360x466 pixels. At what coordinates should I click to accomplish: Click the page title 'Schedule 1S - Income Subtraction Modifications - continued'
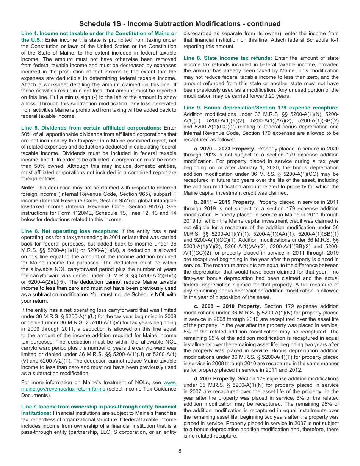point(180,24)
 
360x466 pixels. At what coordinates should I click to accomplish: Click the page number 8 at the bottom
point(180,451)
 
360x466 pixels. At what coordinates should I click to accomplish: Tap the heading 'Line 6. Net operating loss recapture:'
point(70,231)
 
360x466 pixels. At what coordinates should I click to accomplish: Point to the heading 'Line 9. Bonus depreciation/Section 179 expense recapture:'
point(261,108)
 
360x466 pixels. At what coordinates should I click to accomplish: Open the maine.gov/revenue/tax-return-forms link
point(99,386)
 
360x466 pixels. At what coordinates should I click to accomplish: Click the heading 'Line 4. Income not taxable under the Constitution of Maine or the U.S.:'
point(99,36)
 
